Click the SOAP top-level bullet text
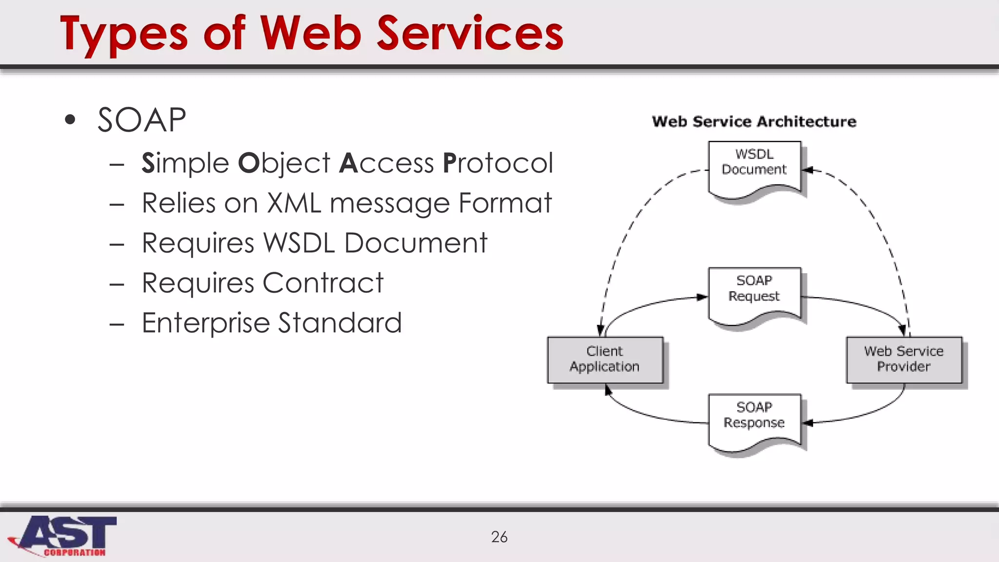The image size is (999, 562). (141, 120)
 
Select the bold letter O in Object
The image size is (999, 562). (248, 163)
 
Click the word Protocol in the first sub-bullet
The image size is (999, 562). (498, 163)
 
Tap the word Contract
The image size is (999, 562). (323, 283)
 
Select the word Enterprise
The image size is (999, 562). (206, 323)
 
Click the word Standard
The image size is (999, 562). (340, 323)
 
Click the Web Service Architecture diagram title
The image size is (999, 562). (754, 121)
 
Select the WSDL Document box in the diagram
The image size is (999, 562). (754, 166)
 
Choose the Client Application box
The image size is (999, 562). (605, 359)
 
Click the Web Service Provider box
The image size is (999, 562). (903, 359)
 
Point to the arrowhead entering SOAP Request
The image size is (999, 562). (702, 297)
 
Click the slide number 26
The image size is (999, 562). (499, 537)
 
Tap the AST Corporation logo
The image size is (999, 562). (63, 536)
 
